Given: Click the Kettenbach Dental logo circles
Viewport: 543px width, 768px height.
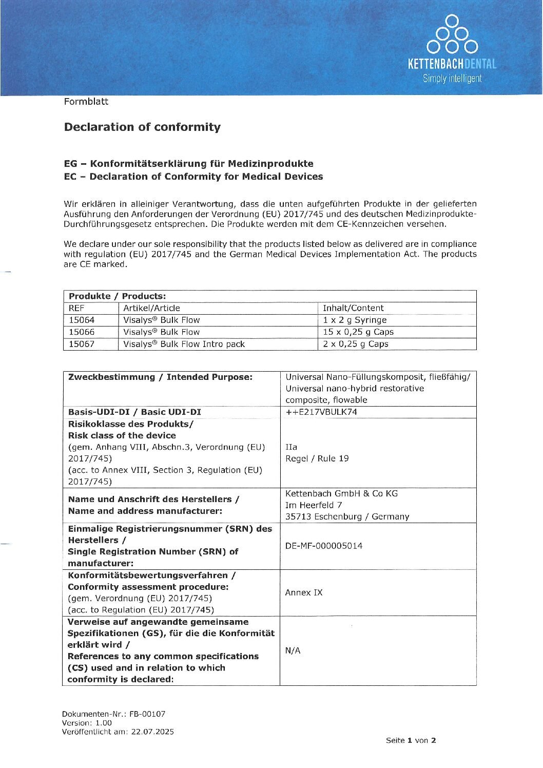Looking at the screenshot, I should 452,35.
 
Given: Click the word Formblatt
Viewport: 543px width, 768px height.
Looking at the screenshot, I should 86,102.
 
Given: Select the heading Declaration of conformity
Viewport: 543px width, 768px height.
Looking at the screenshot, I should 142,127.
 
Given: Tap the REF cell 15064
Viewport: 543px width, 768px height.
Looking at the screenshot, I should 82,320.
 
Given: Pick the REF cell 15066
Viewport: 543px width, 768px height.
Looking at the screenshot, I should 82,332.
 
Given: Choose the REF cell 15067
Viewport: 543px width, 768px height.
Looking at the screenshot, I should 82,344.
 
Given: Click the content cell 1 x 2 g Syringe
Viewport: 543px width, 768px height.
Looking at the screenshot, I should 355,320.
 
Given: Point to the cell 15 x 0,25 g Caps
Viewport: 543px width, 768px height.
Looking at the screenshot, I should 358,332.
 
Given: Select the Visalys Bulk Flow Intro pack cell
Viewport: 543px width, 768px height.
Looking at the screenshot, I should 184,344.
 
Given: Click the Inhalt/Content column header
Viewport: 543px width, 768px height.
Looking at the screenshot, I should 353,308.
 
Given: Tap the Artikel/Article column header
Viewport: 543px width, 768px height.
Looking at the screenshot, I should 151,308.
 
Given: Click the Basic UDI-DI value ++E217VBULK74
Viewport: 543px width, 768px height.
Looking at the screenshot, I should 321,412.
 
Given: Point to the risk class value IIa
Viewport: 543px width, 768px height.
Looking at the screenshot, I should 291,447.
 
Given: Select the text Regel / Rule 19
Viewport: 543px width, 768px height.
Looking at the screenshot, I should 317,458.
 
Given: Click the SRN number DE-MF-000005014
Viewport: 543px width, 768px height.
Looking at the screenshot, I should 323,546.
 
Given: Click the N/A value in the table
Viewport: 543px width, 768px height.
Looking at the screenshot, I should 293,650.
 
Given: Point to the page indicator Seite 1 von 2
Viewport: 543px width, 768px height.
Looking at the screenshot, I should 411,740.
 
